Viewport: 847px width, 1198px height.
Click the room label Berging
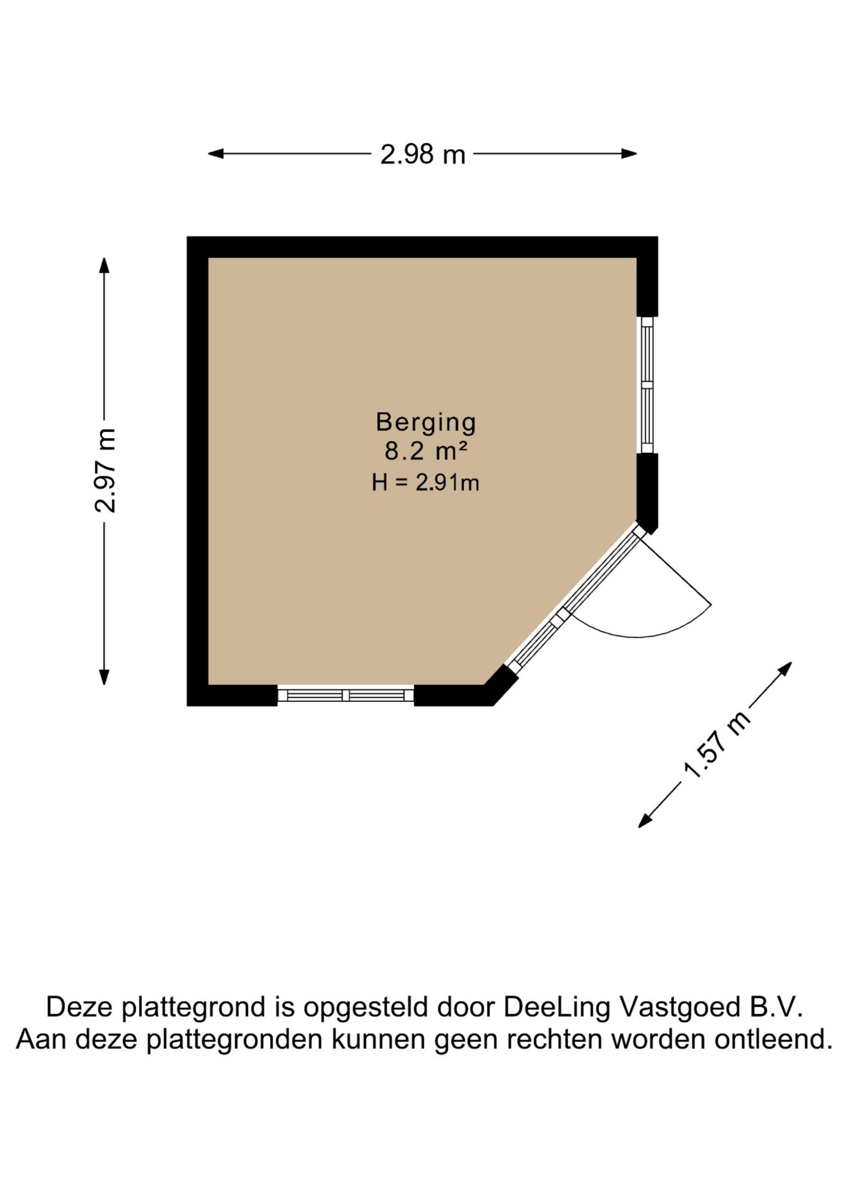pyautogui.click(x=425, y=423)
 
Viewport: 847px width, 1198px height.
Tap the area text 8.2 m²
pyautogui.click(x=426, y=450)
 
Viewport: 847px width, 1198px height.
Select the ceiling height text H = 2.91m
pyautogui.click(x=425, y=482)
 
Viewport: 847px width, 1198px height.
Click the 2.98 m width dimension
pyautogui.click(x=423, y=154)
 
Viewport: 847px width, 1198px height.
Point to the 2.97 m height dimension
pyautogui.click(x=105, y=471)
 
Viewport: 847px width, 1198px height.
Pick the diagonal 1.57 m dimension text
pyautogui.click(x=717, y=745)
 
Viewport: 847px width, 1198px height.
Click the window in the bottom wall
pyautogui.click(x=346, y=695)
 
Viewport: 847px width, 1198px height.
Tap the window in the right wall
pyautogui.click(x=647, y=384)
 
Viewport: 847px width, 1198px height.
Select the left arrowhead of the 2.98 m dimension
pyautogui.click(x=215, y=153)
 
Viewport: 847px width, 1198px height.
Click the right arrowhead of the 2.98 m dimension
pyautogui.click(x=629, y=153)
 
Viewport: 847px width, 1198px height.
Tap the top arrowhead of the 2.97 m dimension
pyautogui.click(x=104, y=265)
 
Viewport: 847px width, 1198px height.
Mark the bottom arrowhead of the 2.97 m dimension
pyautogui.click(x=104, y=677)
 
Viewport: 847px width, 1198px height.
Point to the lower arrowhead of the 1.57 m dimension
pyautogui.click(x=644, y=822)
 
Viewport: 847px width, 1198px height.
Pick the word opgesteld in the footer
pyautogui.click(x=365, y=1008)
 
